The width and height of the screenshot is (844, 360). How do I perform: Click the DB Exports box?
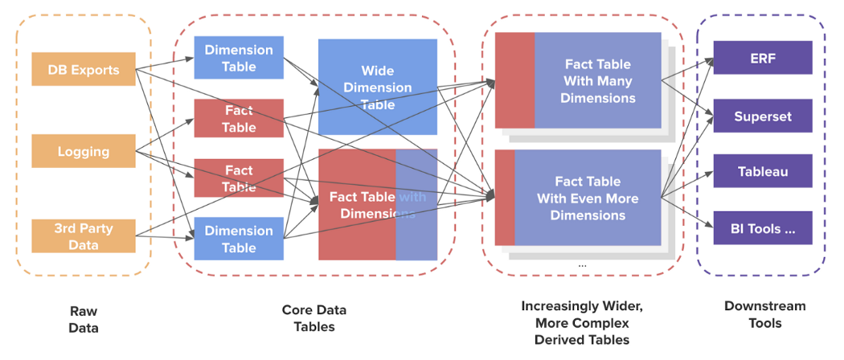[x=84, y=69]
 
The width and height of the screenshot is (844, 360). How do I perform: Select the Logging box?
[x=84, y=151]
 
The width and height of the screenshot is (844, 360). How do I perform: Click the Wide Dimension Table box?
[x=377, y=87]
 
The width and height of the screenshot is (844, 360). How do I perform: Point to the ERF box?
[x=762, y=58]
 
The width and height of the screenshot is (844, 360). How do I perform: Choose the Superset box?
[x=762, y=116]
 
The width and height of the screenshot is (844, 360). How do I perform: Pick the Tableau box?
[x=762, y=171]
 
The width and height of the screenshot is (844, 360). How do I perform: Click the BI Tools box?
[x=762, y=228]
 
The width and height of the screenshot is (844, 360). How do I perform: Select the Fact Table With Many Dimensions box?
[x=597, y=80]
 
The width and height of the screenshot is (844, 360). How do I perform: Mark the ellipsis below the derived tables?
[x=582, y=264]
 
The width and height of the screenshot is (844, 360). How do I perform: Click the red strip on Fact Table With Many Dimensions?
[x=514, y=80]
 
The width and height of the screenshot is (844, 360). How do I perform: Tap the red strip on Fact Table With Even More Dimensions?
[x=505, y=198]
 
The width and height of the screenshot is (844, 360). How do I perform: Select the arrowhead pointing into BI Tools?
[x=711, y=227]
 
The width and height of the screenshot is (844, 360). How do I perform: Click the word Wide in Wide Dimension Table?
[x=377, y=71]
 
